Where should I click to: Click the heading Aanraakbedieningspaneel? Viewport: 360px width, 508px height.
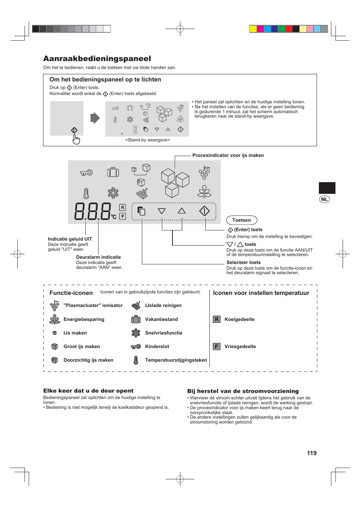click(97, 58)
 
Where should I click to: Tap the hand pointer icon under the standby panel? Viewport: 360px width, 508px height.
click(76, 140)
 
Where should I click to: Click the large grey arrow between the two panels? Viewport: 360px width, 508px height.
click(95, 118)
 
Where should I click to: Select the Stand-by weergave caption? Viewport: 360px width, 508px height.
click(147, 140)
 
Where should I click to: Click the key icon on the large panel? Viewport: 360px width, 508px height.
click(86, 173)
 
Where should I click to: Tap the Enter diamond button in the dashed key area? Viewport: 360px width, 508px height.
click(204, 211)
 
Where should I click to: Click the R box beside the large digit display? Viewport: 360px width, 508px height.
click(122, 207)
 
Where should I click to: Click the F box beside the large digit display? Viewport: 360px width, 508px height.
click(122, 216)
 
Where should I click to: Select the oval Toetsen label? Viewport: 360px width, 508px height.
click(242, 220)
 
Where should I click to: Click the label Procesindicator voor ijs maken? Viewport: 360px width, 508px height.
click(228, 155)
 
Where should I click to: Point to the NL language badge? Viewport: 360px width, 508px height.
click(325, 199)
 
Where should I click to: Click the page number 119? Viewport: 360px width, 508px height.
click(312, 453)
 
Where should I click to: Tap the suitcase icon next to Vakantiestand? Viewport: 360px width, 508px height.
click(136, 319)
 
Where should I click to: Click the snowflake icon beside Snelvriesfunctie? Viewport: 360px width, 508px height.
click(136, 333)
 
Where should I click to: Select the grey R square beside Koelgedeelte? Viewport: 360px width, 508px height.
click(217, 319)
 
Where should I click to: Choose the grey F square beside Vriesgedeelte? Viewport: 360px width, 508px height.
click(217, 347)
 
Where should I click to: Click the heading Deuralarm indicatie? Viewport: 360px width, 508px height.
click(98, 257)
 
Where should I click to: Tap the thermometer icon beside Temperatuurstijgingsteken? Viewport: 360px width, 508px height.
click(136, 360)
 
